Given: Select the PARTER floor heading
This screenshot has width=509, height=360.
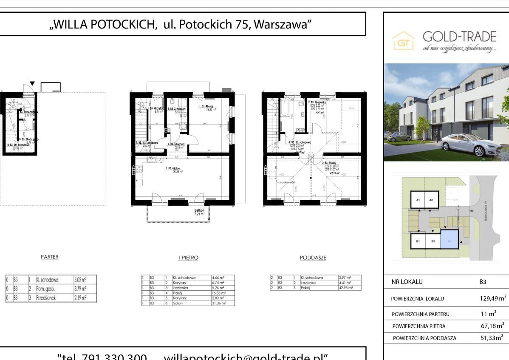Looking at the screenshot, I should click(49, 257).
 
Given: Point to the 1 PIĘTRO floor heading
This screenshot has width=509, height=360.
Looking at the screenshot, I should click(188, 258).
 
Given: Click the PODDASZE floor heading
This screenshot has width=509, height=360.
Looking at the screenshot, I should click(313, 258).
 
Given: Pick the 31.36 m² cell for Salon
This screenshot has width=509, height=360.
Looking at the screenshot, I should click(222, 303).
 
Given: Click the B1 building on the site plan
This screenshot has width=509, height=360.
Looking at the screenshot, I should click(418, 241).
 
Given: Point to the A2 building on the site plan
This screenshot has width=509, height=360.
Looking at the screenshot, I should click(431, 200).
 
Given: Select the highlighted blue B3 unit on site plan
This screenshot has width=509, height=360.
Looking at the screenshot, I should click(450, 241).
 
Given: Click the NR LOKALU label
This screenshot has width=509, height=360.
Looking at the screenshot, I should click(407, 281).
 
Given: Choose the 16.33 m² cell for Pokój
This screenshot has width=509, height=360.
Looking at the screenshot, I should click(222, 293).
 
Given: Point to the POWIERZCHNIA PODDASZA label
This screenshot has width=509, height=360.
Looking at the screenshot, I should click(424, 338).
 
